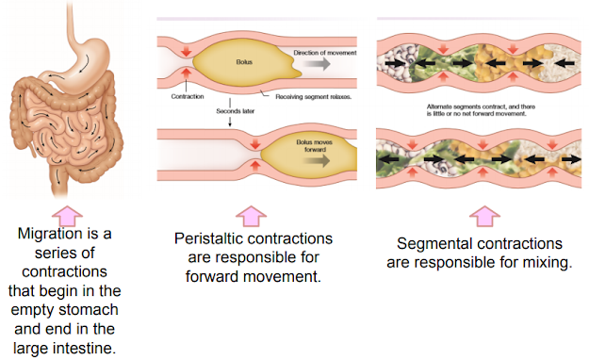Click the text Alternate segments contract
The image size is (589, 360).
coord(453,107)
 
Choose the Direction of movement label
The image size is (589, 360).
coord(326,52)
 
